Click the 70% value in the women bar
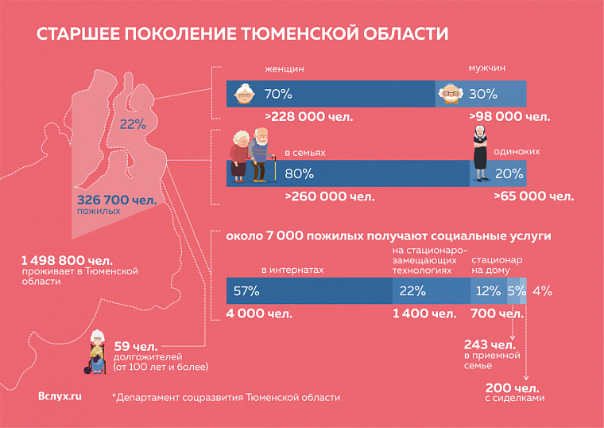278,94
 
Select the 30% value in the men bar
482,94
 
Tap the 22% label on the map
133,124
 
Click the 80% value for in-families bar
299,173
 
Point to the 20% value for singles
509,173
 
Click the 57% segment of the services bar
246,291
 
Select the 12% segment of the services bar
488,291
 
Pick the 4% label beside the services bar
542,291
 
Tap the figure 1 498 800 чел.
67,260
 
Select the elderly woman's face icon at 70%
246,94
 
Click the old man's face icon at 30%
451,94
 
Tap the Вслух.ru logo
60,396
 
